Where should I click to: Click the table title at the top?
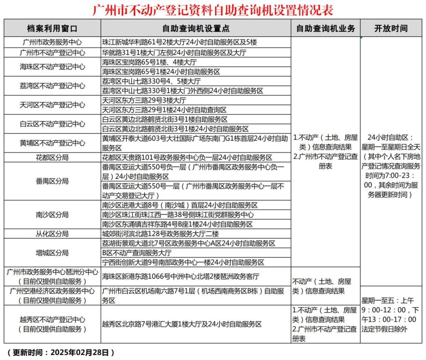[213, 9]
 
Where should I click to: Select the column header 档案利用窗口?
[52, 28]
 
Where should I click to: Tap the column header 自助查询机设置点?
[196, 28]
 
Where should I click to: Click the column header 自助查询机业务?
[325, 28]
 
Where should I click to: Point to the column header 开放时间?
[391, 28]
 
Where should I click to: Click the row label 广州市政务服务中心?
[52, 42]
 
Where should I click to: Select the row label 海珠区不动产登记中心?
[52, 67]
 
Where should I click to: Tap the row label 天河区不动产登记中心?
[52, 105]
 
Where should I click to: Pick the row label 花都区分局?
[52, 158]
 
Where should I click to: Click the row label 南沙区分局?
[52, 215]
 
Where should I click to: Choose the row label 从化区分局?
[52, 234]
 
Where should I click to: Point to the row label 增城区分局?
[52, 253]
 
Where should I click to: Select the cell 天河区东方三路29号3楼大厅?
[144, 100]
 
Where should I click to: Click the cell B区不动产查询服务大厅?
[137, 253]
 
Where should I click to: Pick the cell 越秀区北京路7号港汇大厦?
[182, 324]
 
